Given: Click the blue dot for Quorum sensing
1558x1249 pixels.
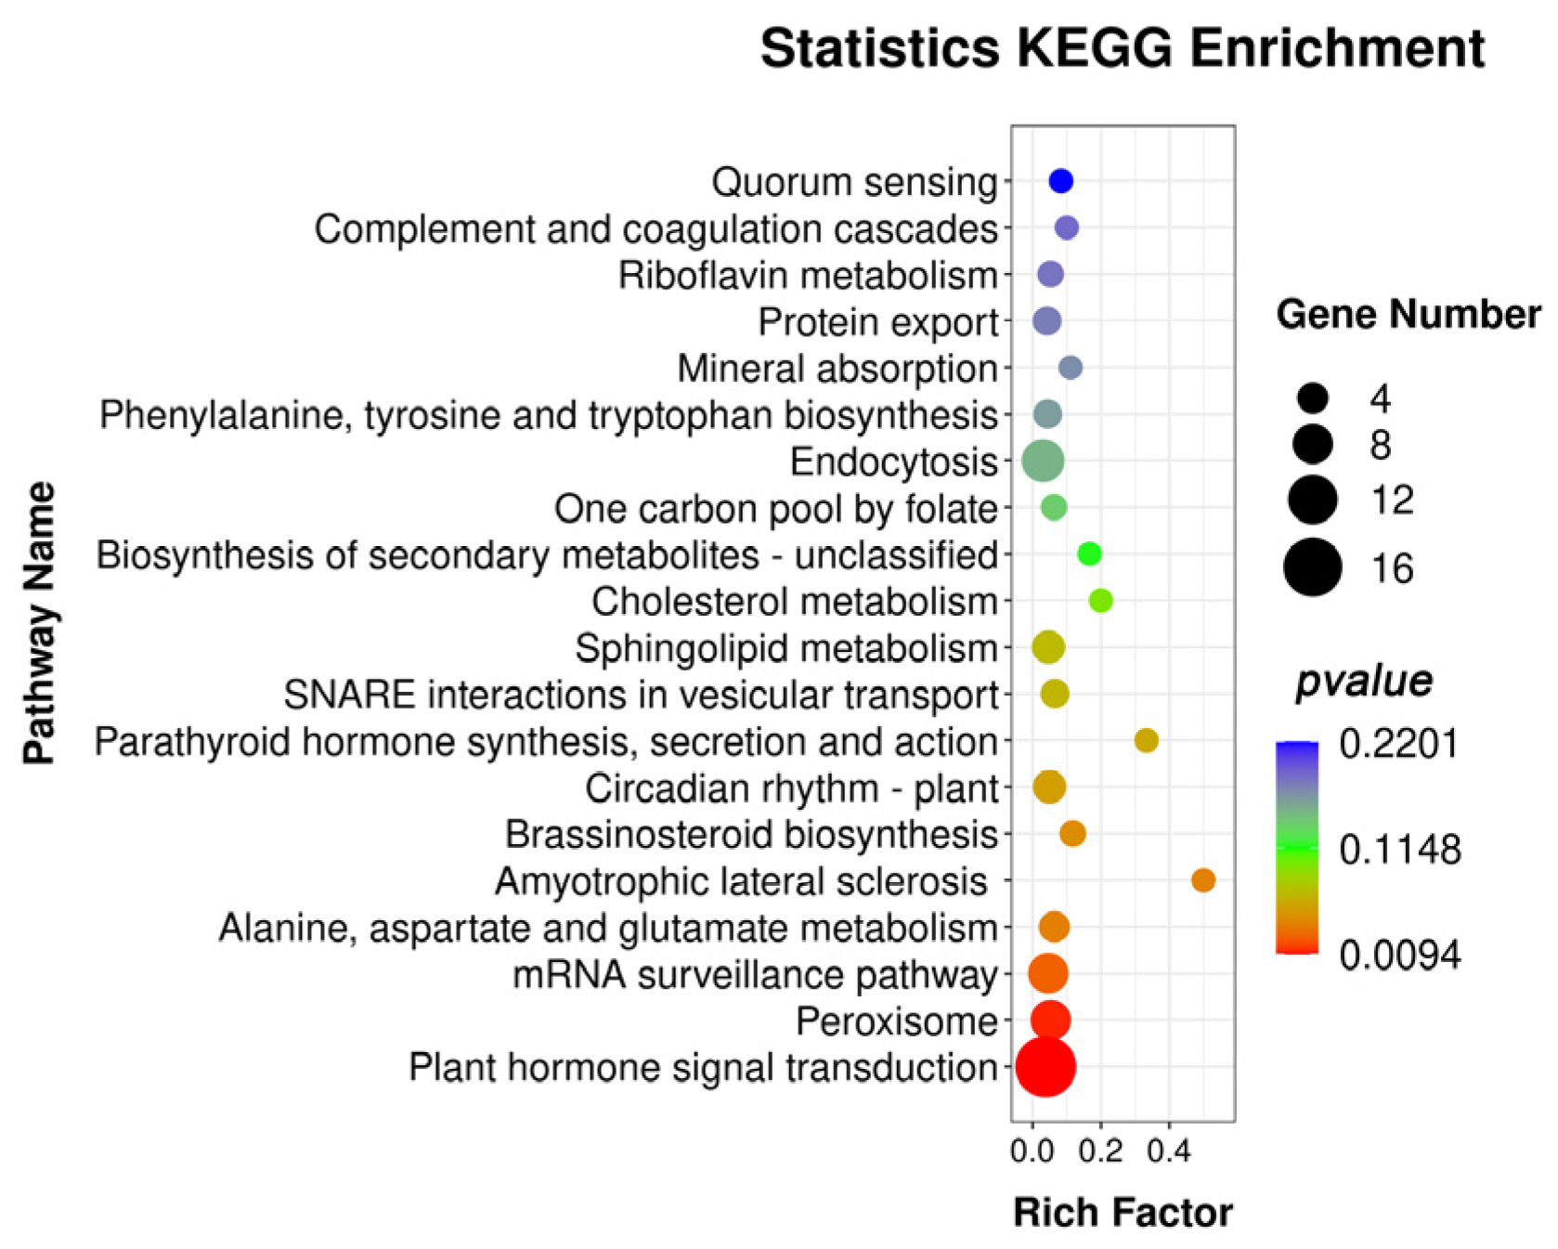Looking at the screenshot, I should tap(1060, 181).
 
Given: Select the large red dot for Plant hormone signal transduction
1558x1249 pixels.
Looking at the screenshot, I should tap(1045, 1067).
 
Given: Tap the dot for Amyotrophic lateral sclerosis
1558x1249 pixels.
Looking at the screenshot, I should tap(1202, 880).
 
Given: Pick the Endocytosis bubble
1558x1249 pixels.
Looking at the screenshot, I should tap(1043, 461).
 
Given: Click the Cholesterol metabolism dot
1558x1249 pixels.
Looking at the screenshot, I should tap(1100, 601).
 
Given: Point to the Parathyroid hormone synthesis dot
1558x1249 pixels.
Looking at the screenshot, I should tap(1146, 740).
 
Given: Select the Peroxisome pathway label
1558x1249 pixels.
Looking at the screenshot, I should tap(896, 1021).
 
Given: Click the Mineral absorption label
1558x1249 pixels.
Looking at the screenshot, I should tap(837, 369).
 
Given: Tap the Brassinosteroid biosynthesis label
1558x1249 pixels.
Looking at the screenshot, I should tap(750, 835).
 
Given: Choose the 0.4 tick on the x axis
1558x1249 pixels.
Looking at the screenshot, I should tap(1168, 1152).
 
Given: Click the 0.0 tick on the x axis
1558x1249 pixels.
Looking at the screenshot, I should tap(1032, 1152).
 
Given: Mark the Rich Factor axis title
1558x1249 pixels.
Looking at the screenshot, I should tap(1123, 1213).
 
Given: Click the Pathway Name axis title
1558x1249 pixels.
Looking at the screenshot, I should tap(39, 623).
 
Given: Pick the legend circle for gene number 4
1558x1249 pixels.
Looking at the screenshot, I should tap(1313, 398).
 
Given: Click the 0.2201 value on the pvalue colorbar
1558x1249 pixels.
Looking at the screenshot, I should tap(1398, 744).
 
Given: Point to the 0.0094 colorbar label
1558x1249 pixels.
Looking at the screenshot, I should tap(1398, 955).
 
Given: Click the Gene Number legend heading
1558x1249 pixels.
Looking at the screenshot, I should tap(1408, 315).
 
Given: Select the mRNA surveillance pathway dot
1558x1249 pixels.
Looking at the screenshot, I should tap(1047, 974).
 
